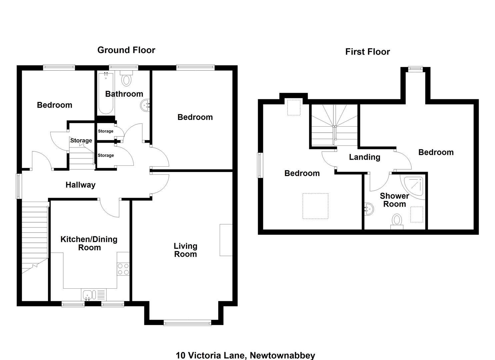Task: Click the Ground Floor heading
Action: pyautogui.click(x=126, y=50)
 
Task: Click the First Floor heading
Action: pyautogui.click(x=367, y=52)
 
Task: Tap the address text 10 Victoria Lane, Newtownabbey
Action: pyautogui.click(x=245, y=355)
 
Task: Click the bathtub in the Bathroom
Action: pyautogui.click(x=106, y=93)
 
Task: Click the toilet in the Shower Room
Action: pyautogui.click(x=397, y=222)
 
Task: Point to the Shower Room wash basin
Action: pyautogui.click(x=369, y=209)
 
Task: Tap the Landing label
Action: pyautogui.click(x=365, y=157)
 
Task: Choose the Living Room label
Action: pyautogui.click(x=185, y=250)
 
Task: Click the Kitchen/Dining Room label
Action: pyautogui.click(x=89, y=244)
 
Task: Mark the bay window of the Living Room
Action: pyautogui.click(x=187, y=323)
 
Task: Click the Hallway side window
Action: pyautogui.click(x=19, y=186)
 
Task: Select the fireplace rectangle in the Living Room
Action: pyautogui.click(x=226, y=240)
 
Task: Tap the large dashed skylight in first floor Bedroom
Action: pyautogui.click(x=315, y=206)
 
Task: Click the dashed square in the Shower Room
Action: pyautogui.click(x=417, y=215)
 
